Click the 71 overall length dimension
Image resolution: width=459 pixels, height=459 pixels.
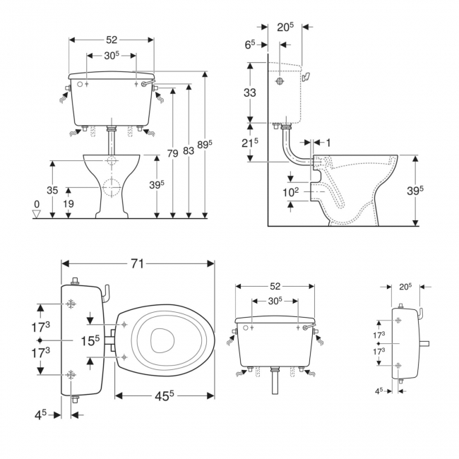point(137,263)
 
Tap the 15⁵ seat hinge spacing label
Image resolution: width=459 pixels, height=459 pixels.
point(89,340)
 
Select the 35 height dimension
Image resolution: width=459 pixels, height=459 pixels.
point(52,190)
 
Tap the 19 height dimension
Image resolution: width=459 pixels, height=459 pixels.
point(68,204)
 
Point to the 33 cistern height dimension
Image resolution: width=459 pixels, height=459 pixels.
point(250,92)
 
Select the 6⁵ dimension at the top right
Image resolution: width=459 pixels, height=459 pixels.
point(251,44)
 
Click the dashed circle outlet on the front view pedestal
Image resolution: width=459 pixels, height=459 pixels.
point(109,187)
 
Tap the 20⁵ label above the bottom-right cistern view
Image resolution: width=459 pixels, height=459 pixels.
point(405,287)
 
